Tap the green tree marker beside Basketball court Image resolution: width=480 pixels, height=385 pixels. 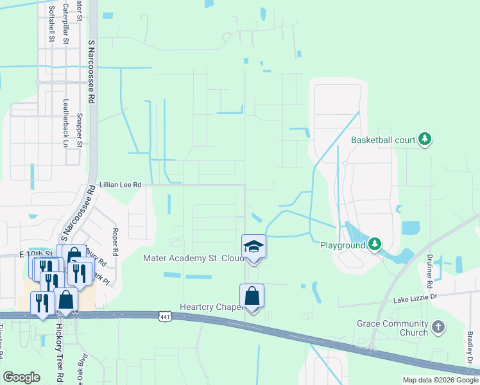tap(424, 139)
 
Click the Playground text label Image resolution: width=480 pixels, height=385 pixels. tap(343, 244)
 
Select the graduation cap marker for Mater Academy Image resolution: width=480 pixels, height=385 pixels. tap(253, 247)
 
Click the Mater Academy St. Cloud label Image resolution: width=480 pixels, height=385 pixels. tap(193, 259)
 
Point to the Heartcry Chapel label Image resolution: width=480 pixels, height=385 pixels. tap(210, 307)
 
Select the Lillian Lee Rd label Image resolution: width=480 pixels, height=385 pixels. tap(118, 185)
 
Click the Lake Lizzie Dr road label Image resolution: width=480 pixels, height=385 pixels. tap(415, 298)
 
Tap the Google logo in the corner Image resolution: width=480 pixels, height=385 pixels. tap(21, 377)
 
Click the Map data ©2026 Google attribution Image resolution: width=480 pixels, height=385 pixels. tap(440, 380)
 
